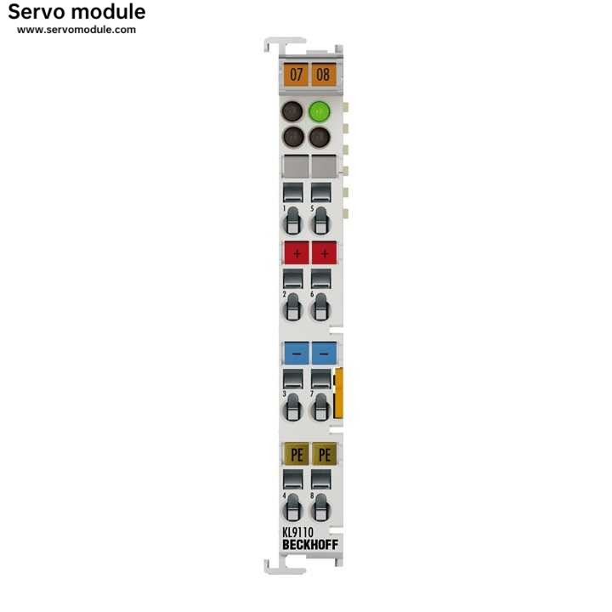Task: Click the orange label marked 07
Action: (296, 74)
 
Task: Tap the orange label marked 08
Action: (324, 74)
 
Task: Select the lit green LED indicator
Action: (320, 111)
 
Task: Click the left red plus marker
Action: (297, 253)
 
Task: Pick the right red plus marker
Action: (325, 253)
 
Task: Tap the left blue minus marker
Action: (297, 354)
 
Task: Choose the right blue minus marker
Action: (325, 354)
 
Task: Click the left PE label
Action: (297, 454)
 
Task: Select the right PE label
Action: (325, 454)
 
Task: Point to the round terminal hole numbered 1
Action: (292, 222)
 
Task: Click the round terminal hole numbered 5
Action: (320, 222)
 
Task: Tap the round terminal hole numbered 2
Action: (292, 308)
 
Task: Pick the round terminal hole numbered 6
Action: (320, 308)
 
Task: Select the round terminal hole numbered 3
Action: (292, 408)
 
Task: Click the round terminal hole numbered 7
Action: (320, 408)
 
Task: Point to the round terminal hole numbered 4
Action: (292, 508)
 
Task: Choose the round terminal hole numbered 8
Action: (320, 508)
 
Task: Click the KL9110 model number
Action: (297, 532)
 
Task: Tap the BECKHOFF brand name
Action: (310, 545)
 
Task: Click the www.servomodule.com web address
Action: (76, 30)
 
